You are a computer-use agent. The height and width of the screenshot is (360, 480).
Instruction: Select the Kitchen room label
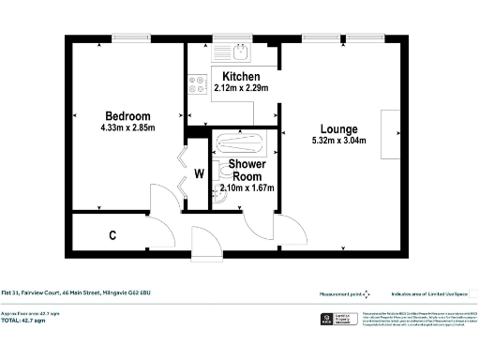[241, 75]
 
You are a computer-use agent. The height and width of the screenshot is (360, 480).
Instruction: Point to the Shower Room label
[247, 170]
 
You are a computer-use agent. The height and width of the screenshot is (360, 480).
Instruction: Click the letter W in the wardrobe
[199, 172]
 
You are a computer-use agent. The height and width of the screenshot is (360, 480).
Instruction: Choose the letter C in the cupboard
[112, 234]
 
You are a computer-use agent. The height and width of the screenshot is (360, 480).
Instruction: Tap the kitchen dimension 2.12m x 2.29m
[241, 88]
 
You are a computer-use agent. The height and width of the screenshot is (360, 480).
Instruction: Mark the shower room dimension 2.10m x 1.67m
[247, 187]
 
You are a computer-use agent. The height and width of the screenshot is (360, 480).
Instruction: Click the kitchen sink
[242, 52]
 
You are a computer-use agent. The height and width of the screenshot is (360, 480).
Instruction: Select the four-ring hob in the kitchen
[199, 85]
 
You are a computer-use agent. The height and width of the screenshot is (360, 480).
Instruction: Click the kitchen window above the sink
[225, 39]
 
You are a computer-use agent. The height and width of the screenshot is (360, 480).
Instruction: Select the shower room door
[255, 222]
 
